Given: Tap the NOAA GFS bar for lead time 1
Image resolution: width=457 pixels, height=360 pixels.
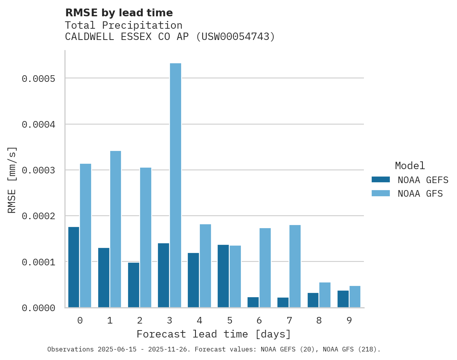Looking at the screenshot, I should pos(116,229).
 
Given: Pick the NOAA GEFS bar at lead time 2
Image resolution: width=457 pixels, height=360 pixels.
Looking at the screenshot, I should pos(133,285).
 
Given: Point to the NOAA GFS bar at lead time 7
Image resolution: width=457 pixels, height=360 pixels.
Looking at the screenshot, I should pos(295,266).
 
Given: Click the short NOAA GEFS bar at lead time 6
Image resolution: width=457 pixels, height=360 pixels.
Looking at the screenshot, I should pos(253,302).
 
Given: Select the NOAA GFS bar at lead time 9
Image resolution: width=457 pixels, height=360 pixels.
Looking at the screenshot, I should pos(355,296).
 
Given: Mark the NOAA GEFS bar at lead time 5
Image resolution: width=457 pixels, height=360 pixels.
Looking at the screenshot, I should pos(223,276).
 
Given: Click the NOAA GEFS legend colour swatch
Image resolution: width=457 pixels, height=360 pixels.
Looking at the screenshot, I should pos(381,180).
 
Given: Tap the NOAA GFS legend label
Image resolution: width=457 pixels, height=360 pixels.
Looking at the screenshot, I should pos(420,194).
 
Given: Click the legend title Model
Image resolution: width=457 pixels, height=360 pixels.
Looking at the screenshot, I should pos(410,166).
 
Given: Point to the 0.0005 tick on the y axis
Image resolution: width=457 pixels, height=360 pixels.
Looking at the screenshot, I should pos(39,79).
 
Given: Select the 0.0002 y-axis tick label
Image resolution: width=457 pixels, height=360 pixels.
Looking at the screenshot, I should pos(39,216).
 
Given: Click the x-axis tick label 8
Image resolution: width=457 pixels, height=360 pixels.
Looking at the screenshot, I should pos(319,320).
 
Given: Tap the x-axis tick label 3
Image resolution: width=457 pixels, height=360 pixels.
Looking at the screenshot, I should pos(170,320).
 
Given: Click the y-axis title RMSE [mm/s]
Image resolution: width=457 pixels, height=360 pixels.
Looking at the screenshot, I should pos(12,180).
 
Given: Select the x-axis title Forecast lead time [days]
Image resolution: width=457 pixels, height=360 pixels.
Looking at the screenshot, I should pos(214,334).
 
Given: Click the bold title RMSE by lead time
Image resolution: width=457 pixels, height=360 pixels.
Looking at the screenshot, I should pos(119,13).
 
